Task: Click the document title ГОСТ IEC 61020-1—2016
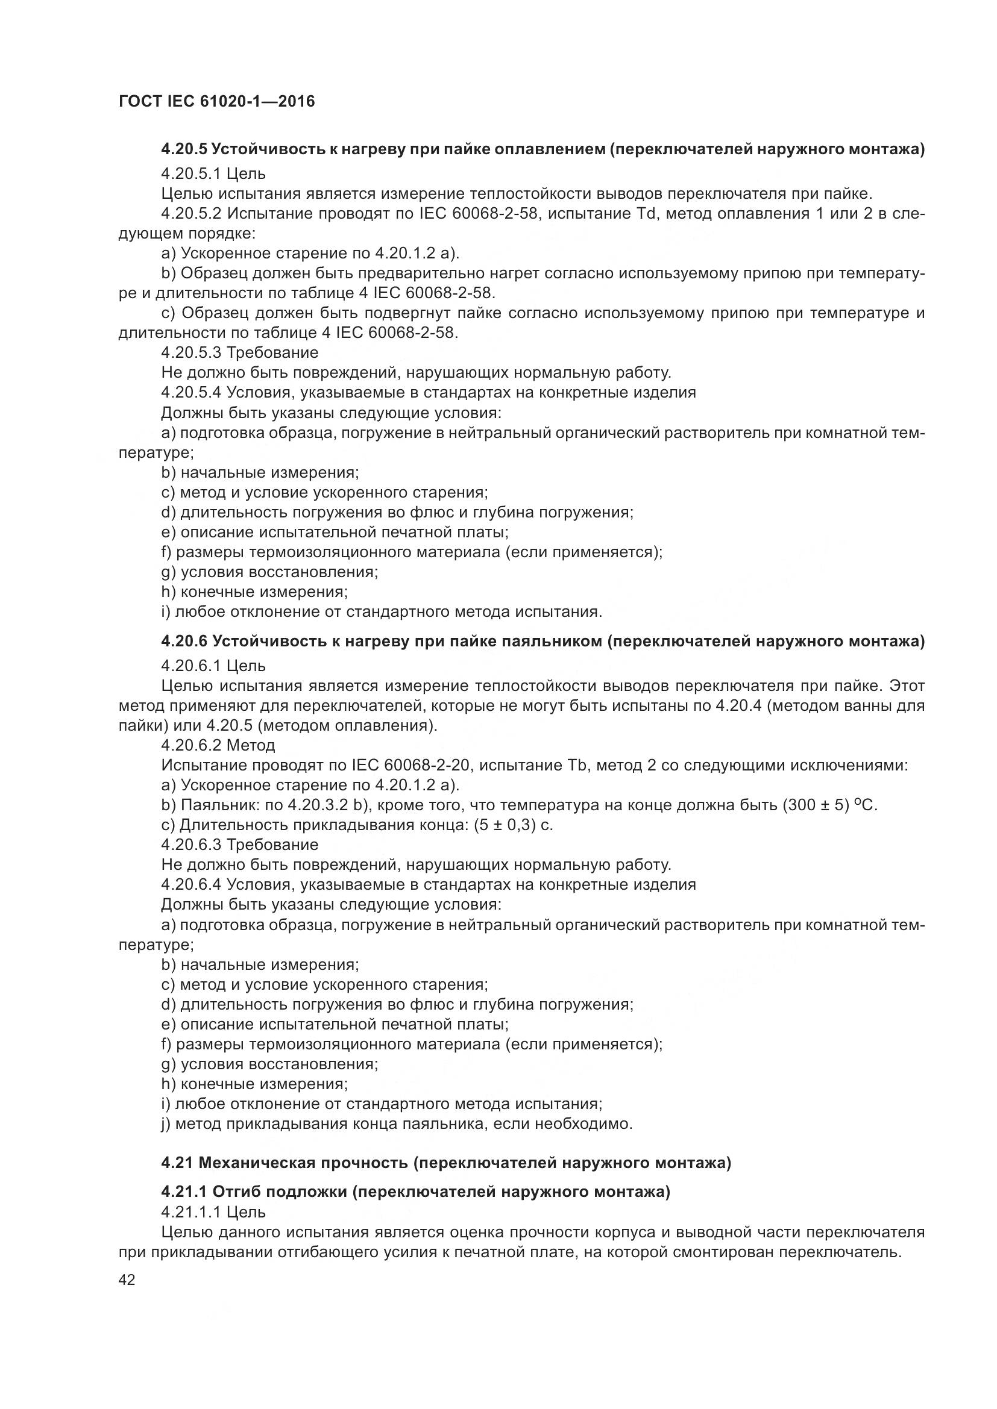tap(217, 101)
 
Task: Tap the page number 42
tap(127, 1279)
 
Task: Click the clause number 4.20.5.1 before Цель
tap(192, 173)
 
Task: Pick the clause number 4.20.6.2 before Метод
tap(192, 746)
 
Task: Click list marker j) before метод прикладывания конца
tap(166, 1124)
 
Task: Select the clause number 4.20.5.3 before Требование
tap(192, 353)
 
